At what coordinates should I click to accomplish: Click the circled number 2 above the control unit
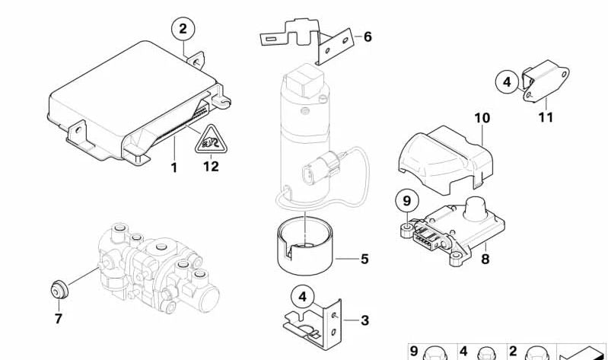183,30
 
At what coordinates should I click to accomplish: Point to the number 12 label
210,167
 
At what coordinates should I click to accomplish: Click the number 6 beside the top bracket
368,36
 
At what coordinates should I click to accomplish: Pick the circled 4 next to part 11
507,81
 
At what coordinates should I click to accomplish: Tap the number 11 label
546,118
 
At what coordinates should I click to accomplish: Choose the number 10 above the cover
482,119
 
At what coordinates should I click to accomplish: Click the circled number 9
406,201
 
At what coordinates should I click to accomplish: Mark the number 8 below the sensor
485,259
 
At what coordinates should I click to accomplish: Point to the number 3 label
364,320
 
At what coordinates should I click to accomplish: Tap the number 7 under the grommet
58,319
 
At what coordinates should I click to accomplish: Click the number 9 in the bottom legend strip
414,351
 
